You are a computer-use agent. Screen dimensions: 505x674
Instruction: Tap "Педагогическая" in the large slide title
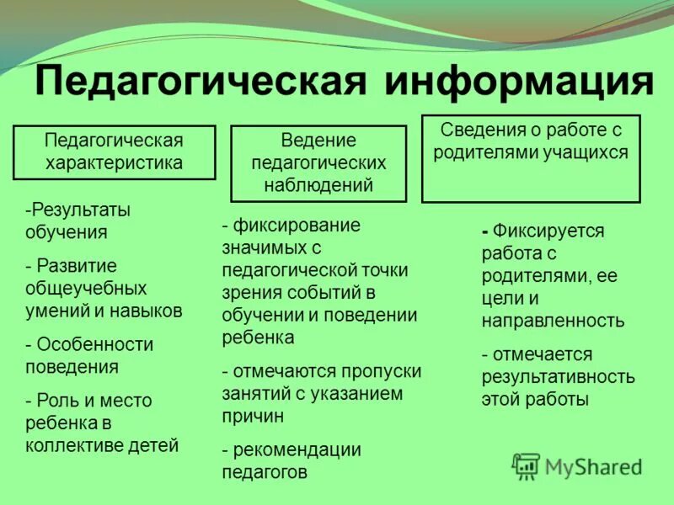(201, 83)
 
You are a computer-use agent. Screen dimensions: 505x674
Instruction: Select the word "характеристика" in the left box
(114, 162)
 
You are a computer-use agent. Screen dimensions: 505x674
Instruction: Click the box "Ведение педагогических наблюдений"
(318, 163)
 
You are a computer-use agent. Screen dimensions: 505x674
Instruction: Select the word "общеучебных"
(86, 289)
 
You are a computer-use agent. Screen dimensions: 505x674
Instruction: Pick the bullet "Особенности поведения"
(89, 355)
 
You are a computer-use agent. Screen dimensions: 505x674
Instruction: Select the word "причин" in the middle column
(253, 416)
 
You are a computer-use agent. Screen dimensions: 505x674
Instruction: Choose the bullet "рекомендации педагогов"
(291, 461)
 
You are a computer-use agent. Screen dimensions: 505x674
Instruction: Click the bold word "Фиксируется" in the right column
(548, 231)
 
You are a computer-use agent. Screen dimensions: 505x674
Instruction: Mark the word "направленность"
(553, 321)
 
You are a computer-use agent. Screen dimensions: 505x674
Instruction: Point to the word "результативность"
(558, 376)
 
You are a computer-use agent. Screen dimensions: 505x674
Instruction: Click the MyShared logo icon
(527, 465)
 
